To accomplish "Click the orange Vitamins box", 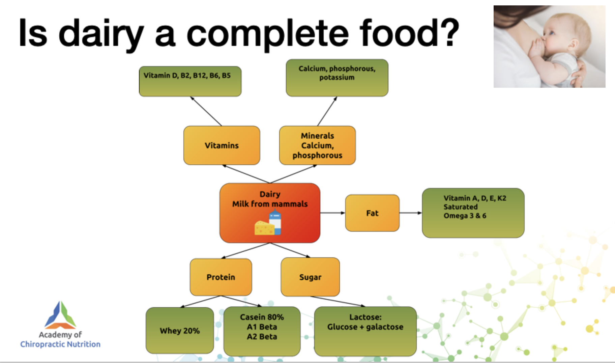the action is (222, 145).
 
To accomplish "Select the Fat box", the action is (372, 213).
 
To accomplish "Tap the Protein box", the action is (221, 277).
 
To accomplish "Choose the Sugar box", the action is (310, 277).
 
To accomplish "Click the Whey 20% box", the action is (180, 331).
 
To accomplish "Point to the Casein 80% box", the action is (262, 331).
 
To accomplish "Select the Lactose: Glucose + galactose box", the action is (365, 331).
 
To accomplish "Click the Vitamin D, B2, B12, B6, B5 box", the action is (190, 81).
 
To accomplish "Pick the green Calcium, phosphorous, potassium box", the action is (337, 78).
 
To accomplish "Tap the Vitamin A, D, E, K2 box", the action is (473, 213).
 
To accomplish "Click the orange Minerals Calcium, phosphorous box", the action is (317, 145).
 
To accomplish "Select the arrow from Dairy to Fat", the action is (332, 213).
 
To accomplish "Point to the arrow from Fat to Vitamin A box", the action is (411, 213).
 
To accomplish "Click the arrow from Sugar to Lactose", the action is (338, 302).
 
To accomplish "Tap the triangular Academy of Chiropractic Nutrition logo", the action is (60, 315).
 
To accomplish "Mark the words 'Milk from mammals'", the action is (270, 204).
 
